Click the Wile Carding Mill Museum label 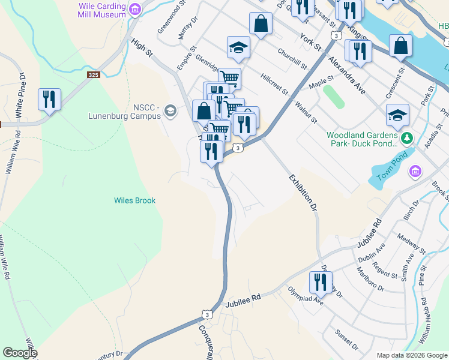click(x=102, y=10)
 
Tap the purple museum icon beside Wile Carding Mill click(x=135, y=9)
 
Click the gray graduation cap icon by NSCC click(x=170, y=110)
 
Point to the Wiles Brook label click(x=135, y=200)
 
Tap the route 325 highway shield click(x=93, y=75)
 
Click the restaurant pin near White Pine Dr click(x=49, y=100)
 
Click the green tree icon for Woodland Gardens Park click(x=408, y=139)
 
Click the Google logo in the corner click(x=19, y=353)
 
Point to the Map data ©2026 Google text click(x=412, y=355)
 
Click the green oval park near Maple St click(x=334, y=97)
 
